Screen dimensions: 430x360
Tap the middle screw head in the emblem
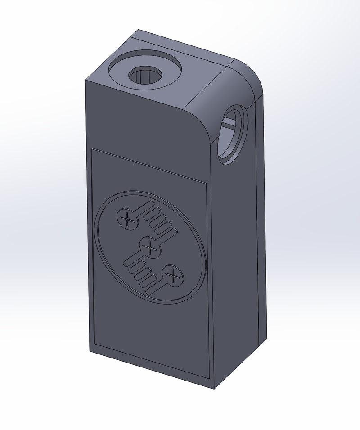pyautogui.click(x=150, y=247)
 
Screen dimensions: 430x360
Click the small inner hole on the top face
pyautogui.click(x=145, y=76)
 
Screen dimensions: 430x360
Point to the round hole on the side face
pyautogui.click(x=232, y=135)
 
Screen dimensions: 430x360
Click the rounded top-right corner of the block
pyautogui.click(x=252, y=74)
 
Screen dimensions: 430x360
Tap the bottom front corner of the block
pyautogui.click(x=213, y=388)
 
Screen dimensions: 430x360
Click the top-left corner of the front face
pyautogui.click(x=86, y=81)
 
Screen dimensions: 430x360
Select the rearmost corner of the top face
pyautogui.click(x=138, y=31)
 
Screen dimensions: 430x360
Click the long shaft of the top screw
pyautogui.click(x=143, y=210)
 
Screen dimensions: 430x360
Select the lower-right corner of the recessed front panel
pyautogui.click(x=210, y=377)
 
